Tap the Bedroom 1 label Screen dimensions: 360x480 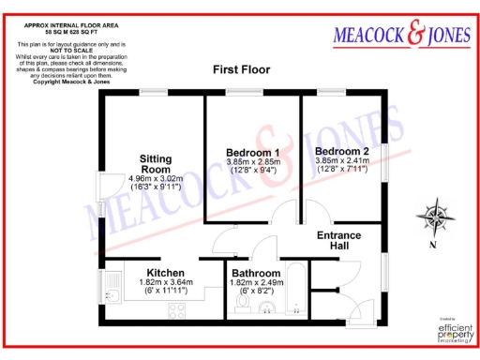click(252, 152)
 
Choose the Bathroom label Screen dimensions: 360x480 click(255, 274)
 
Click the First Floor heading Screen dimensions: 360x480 click(241, 70)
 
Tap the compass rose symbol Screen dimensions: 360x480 click(435, 217)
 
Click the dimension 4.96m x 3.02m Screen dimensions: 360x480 click(157, 178)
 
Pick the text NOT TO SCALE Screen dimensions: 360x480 click(63, 50)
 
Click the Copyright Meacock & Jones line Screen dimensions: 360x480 click(63, 83)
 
